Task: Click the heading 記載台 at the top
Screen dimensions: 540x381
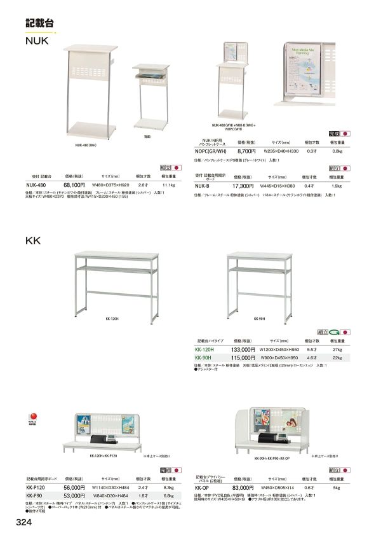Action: [40, 22]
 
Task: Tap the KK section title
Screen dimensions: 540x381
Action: [33, 241]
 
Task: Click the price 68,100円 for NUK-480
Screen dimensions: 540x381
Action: [74, 183]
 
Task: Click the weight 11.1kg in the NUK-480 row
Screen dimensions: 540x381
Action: [169, 183]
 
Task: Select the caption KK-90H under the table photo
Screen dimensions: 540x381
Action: [259, 319]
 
